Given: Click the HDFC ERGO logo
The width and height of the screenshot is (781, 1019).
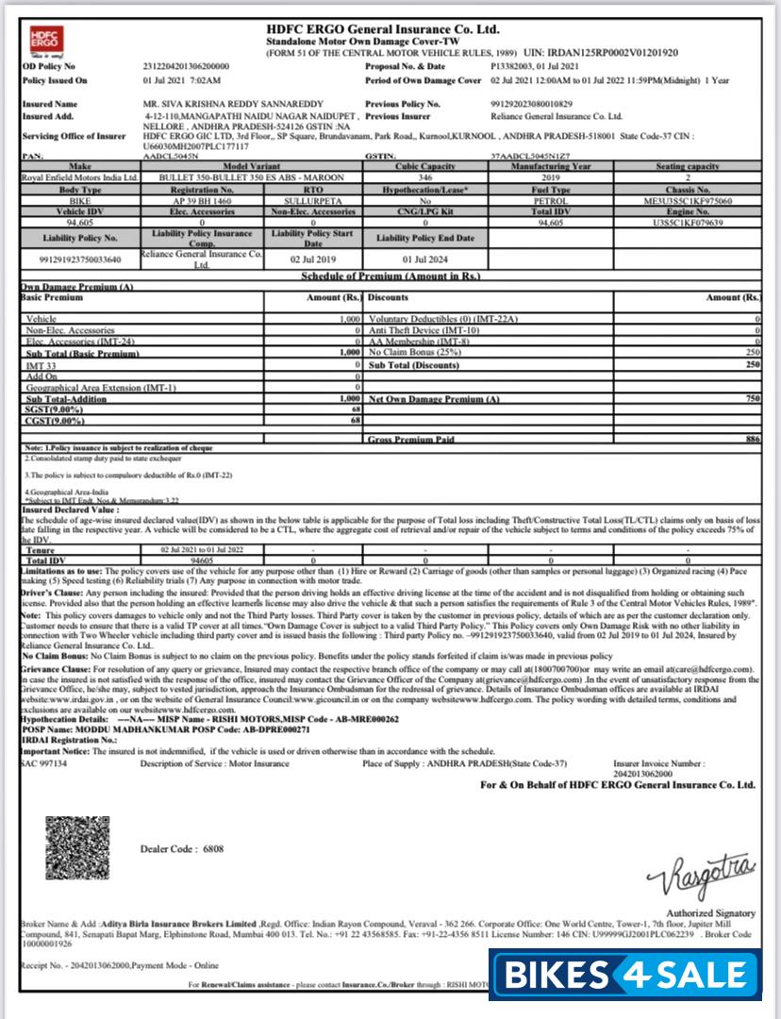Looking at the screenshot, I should tap(42, 42).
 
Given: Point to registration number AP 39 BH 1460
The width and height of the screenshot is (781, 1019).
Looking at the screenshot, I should tap(201, 201).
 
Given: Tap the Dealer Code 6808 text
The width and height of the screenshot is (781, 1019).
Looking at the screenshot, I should tap(182, 848).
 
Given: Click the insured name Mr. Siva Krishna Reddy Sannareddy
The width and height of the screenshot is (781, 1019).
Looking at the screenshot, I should tap(233, 104).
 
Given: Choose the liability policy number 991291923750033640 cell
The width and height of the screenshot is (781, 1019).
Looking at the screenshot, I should tap(79, 259).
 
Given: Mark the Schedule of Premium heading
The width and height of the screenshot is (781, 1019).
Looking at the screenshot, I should tap(390, 276).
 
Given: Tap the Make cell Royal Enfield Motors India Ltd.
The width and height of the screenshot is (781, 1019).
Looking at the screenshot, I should tap(79, 177).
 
